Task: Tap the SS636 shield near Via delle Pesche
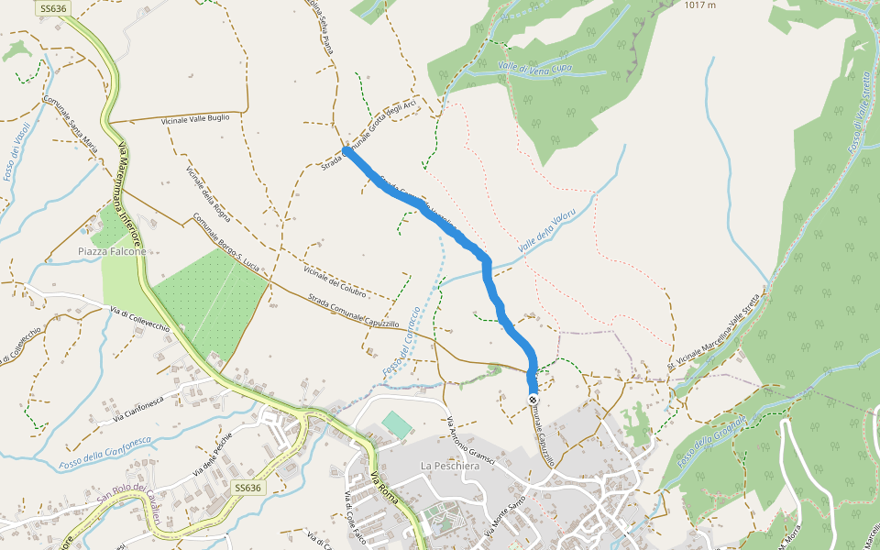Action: coord(247,488)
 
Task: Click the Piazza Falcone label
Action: coord(112,251)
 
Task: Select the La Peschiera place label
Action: coord(450,466)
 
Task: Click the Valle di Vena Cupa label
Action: coord(534,67)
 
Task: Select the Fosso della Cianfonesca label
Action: coord(104,452)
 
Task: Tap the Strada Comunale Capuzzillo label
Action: coord(353,311)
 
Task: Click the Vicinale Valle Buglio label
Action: coord(194,118)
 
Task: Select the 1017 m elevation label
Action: coord(699,5)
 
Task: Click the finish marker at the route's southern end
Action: coord(533,399)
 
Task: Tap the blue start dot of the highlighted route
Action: coord(346,151)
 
